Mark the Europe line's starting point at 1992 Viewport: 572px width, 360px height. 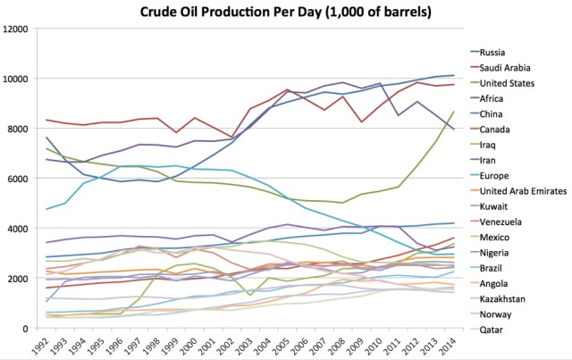click(x=46, y=209)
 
